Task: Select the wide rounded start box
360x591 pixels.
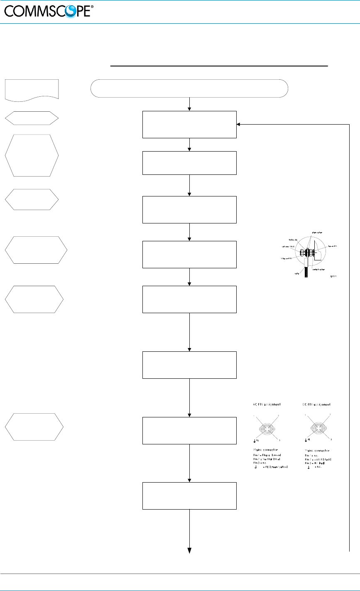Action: (x=189, y=88)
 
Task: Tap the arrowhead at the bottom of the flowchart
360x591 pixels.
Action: (x=189, y=551)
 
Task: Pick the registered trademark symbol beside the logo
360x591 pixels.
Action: (x=92, y=7)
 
